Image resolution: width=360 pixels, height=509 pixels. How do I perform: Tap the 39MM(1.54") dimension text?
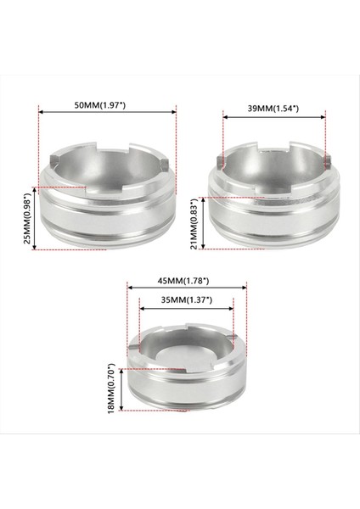pyautogui.click(x=273, y=109)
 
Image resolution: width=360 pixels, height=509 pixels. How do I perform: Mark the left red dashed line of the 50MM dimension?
pyautogui.click(x=38, y=144)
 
